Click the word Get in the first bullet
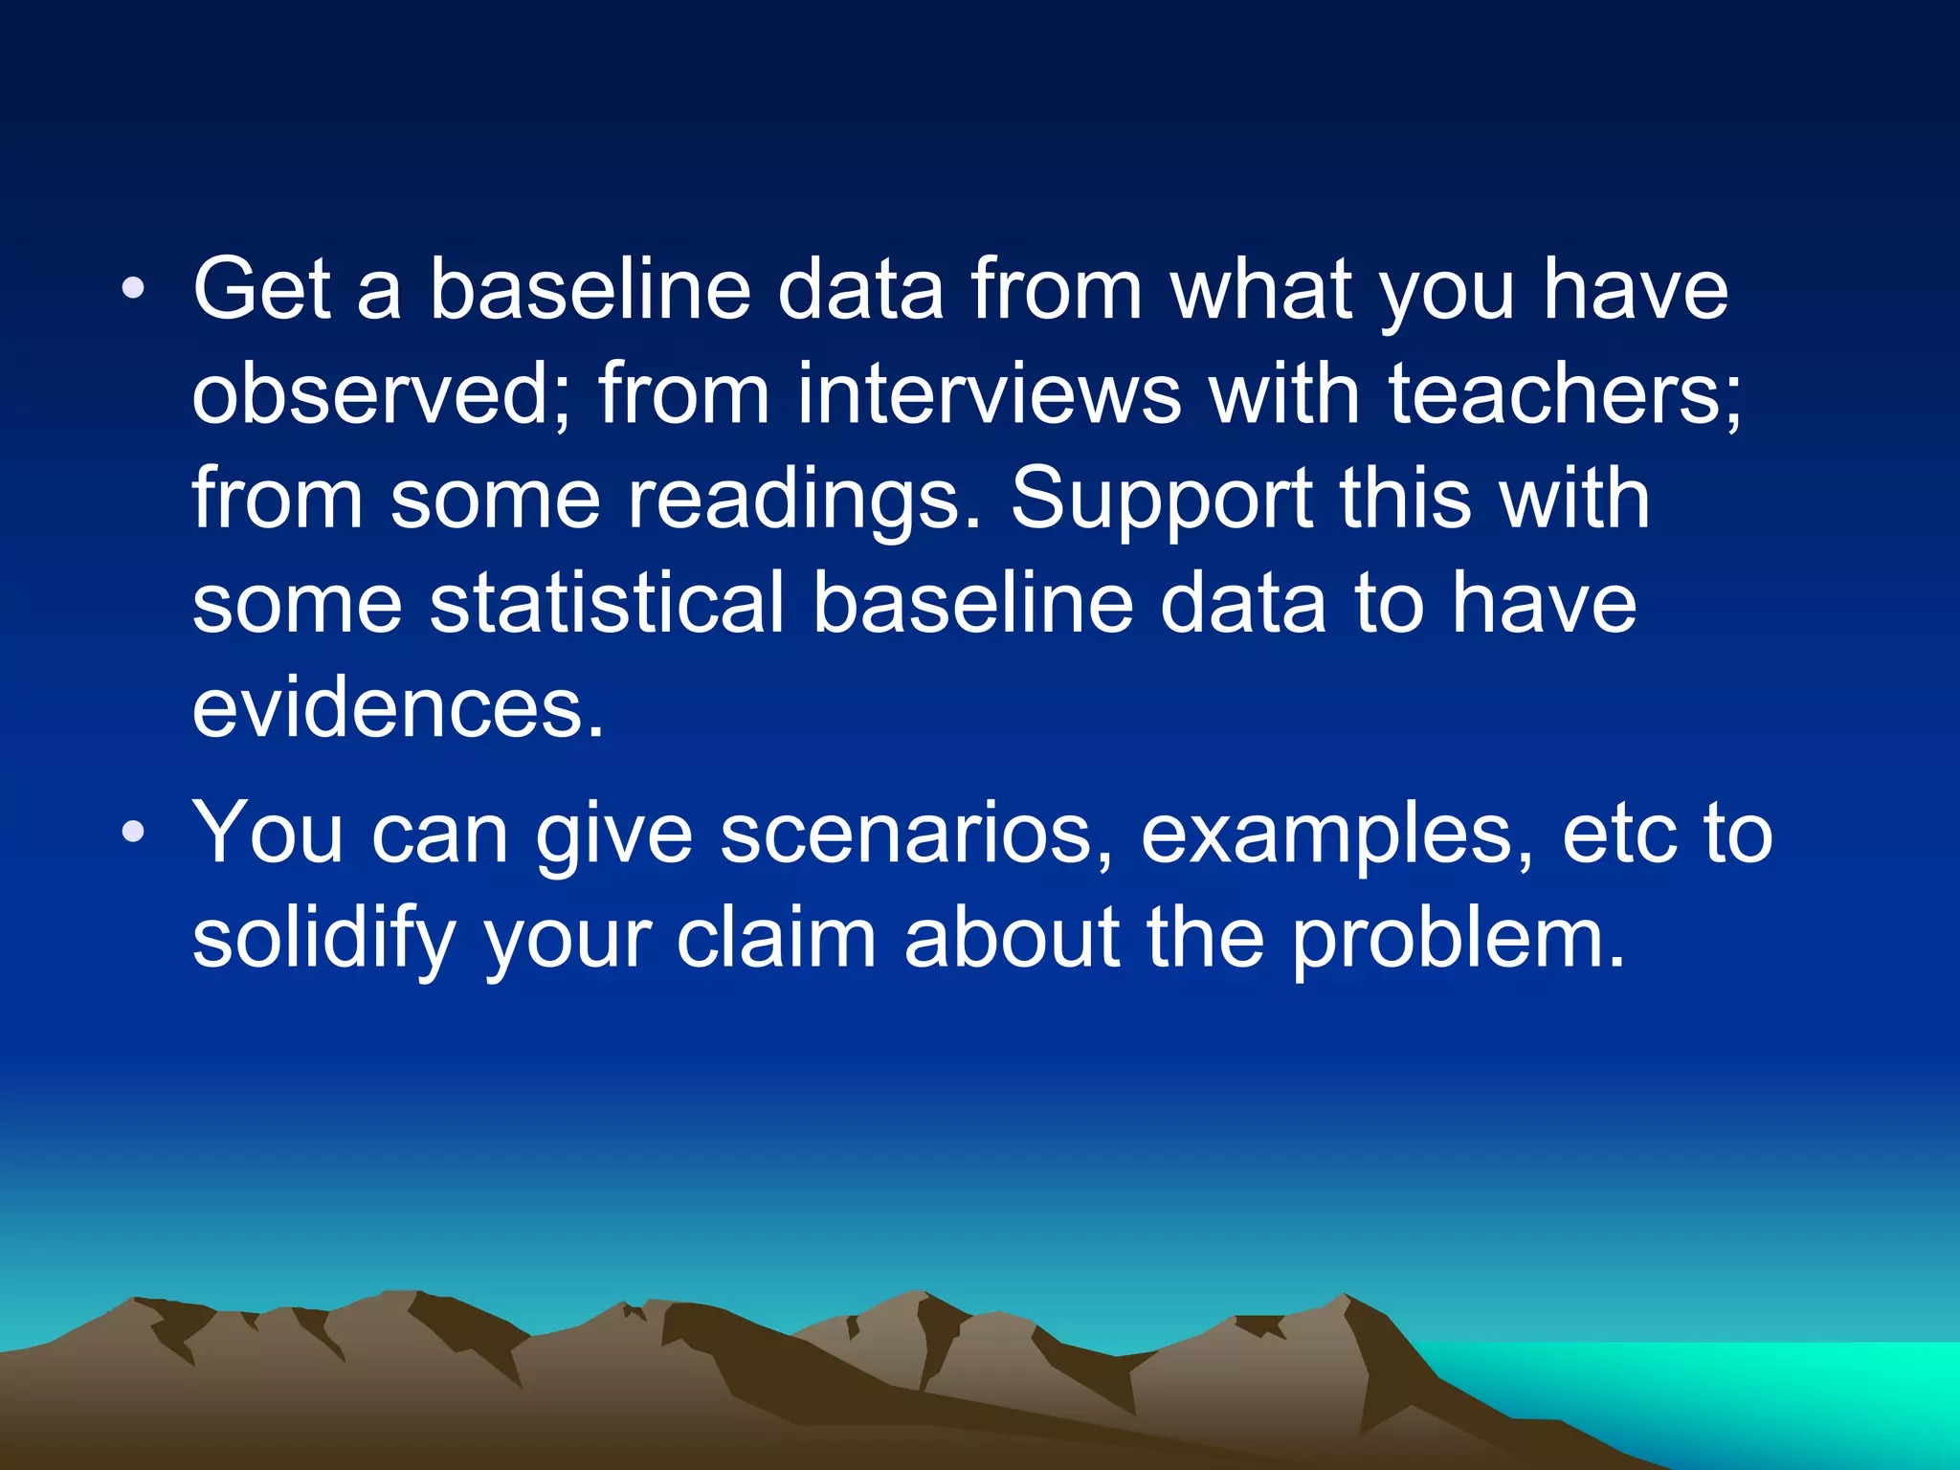261,290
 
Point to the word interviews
989,394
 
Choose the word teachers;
1565,394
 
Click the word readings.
804,500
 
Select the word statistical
607,603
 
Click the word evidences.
398,708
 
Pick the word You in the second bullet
268,833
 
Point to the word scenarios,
917,833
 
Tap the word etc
1618,833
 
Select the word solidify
323,938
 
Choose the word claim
775,938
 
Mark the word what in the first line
1260,290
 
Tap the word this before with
1404,500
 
